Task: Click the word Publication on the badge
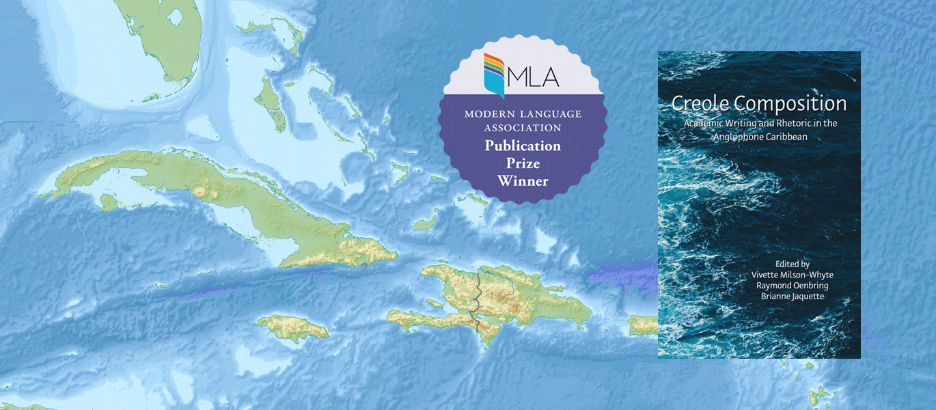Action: pyautogui.click(x=523, y=146)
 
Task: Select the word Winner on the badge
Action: pyautogui.click(x=523, y=181)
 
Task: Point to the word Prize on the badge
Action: pyautogui.click(x=523, y=163)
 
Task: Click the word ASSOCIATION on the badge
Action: pyautogui.click(x=523, y=127)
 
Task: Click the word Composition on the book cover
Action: pyautogui.click(x=790, y=104)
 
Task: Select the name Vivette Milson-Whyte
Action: pyautogui.click(x=792, y=275)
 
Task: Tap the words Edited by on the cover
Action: pyautogui.click(x=792, y=263)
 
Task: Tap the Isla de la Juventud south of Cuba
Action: pyautogui.click(x=107, y=202)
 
